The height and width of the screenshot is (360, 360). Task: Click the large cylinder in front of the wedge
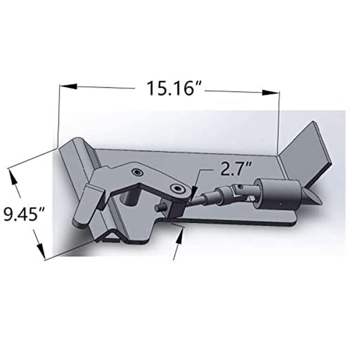tap(277, 193)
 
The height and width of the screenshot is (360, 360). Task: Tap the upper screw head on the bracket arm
tap(137, 171)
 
